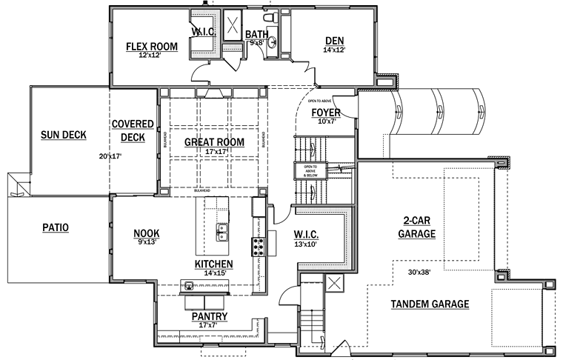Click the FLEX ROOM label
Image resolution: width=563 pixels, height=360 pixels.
pyautogui.click(x=152, y=47)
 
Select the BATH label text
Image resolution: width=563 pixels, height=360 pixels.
pyautogui.click(x=257, y=34)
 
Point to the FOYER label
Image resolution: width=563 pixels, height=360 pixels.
pyautogui.click(x=326, y=113)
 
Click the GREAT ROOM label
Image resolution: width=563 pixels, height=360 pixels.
pyautogui.click(x=214, y=141)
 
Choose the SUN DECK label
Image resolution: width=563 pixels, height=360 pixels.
pyautogui.click(x=64, y=135)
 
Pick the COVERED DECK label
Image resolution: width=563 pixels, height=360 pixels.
pyautogui.click(x=133, y=130)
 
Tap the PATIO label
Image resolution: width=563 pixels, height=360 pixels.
pyautogui.click(x=54, y=228)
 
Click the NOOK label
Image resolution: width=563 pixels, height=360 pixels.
pyautogui.click(x=147, y=234)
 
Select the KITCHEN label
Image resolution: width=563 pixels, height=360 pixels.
pyautogui.click(x=214, y=264)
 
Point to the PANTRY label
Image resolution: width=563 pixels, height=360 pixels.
pyautogui.click(x=210, y=317)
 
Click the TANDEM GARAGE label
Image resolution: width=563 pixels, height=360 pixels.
pyautogui.click(x=430, y=304)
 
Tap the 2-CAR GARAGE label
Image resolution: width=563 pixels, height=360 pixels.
pyautogui.click(x=419, y=227)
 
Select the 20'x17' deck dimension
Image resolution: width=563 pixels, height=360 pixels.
pyautogui.click(x=109, y=156)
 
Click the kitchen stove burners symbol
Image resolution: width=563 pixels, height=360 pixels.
pyautogui.click(x=259, y=245)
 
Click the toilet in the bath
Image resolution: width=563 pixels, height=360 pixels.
pyautogui.click(x=270, y=16)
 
